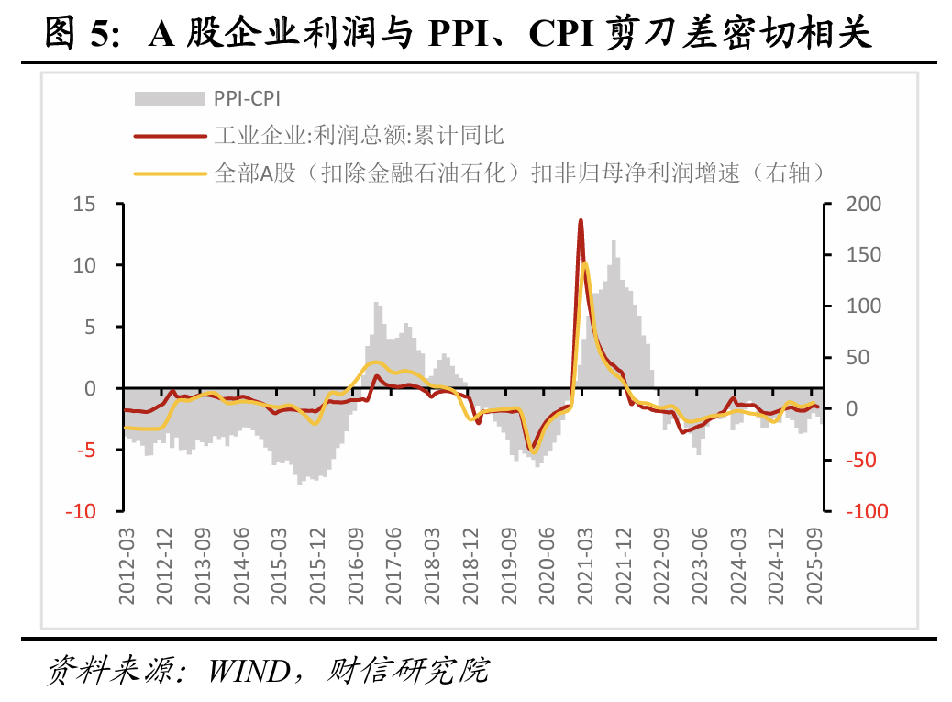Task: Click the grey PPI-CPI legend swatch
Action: click(x=170, y=99)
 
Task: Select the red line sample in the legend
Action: click(x=170, y=136)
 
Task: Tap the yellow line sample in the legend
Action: click(x=170, y=173)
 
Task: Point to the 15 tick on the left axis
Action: click(x=85, y=204)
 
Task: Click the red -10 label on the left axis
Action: click(x=82, y=511)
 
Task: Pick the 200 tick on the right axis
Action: click(x=864, y=204)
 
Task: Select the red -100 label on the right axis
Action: click(x=867, y=511)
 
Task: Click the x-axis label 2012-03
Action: click(x=127, y=566)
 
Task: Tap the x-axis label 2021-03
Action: click(x=585, y=566)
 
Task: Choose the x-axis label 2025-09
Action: click(x=814, y=566)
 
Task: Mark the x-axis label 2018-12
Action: click(x=470, y=566)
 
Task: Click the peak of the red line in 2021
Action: click(x=581, y=220)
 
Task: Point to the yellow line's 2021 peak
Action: click(x=584, y=263)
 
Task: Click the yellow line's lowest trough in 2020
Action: click(x=534, y=451)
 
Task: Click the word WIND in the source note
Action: click(x=249, y=671)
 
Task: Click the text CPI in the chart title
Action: click(x=560, y=33)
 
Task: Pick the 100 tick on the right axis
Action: click(x=864, y=306)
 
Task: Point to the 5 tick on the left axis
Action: click(x=91, y=327)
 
